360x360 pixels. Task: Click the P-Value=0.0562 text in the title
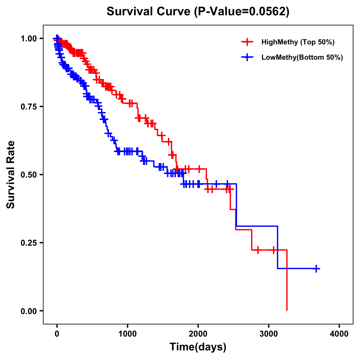(242, 12)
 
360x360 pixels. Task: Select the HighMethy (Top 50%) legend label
(298, 42)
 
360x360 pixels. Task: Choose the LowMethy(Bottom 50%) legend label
(302, 58)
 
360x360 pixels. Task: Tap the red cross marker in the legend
(247, 42)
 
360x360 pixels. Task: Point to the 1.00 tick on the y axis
(28, 38)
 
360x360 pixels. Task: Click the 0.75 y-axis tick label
(28, 106)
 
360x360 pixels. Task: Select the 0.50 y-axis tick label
(28, 175)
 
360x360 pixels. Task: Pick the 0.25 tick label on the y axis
(28, 243)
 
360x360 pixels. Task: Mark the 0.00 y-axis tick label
(28, 311)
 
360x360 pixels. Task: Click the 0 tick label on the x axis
(57, 334)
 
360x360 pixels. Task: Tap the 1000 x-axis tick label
(127, 334)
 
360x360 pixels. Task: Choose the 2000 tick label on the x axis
(198, 334)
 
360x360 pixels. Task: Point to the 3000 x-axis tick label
(269, 334)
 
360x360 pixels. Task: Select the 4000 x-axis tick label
(339, 334)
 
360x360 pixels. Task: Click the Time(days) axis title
(198, 347)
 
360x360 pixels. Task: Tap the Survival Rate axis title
(11, 175)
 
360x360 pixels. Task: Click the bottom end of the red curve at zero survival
(287, 310)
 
